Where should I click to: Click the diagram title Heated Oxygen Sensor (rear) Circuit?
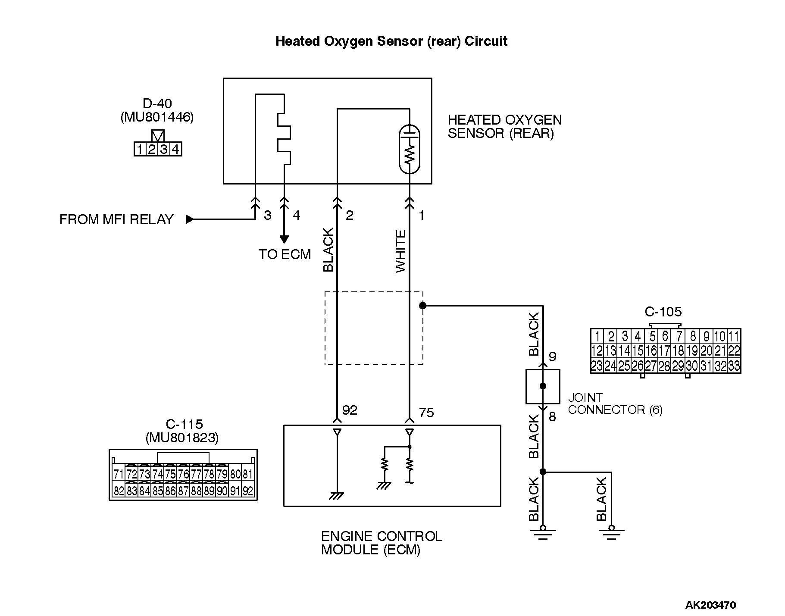[x=391, y=41]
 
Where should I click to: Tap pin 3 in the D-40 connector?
[x=164, y=150]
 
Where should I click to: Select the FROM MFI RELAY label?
[x=116, y=219]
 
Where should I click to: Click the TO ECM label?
[x=285, y=254]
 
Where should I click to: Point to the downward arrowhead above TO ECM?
[x=284, y=239]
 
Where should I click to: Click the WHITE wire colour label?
[x=401, y=251]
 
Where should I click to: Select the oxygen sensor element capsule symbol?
[x=410, y=149]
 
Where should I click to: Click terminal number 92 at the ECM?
[x=349, y=410]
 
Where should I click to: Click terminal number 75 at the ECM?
[x=426, y=413]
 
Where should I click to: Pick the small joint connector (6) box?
[x=543, y=386]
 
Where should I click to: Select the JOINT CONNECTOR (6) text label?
[x=615, y=403]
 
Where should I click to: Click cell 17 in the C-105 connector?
[x=665, y=350]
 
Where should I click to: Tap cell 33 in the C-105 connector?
[x=734, y=366]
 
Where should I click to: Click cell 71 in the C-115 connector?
[x=119, y=474]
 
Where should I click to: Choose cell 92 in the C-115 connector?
[x=248, y=491]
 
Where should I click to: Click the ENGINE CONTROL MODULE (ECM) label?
[x=382, y=543]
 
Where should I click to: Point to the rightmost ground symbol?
[x=611, y=533]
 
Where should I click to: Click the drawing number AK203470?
[x=710, y=605]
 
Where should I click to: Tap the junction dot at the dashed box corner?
[x=422, y=306]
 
